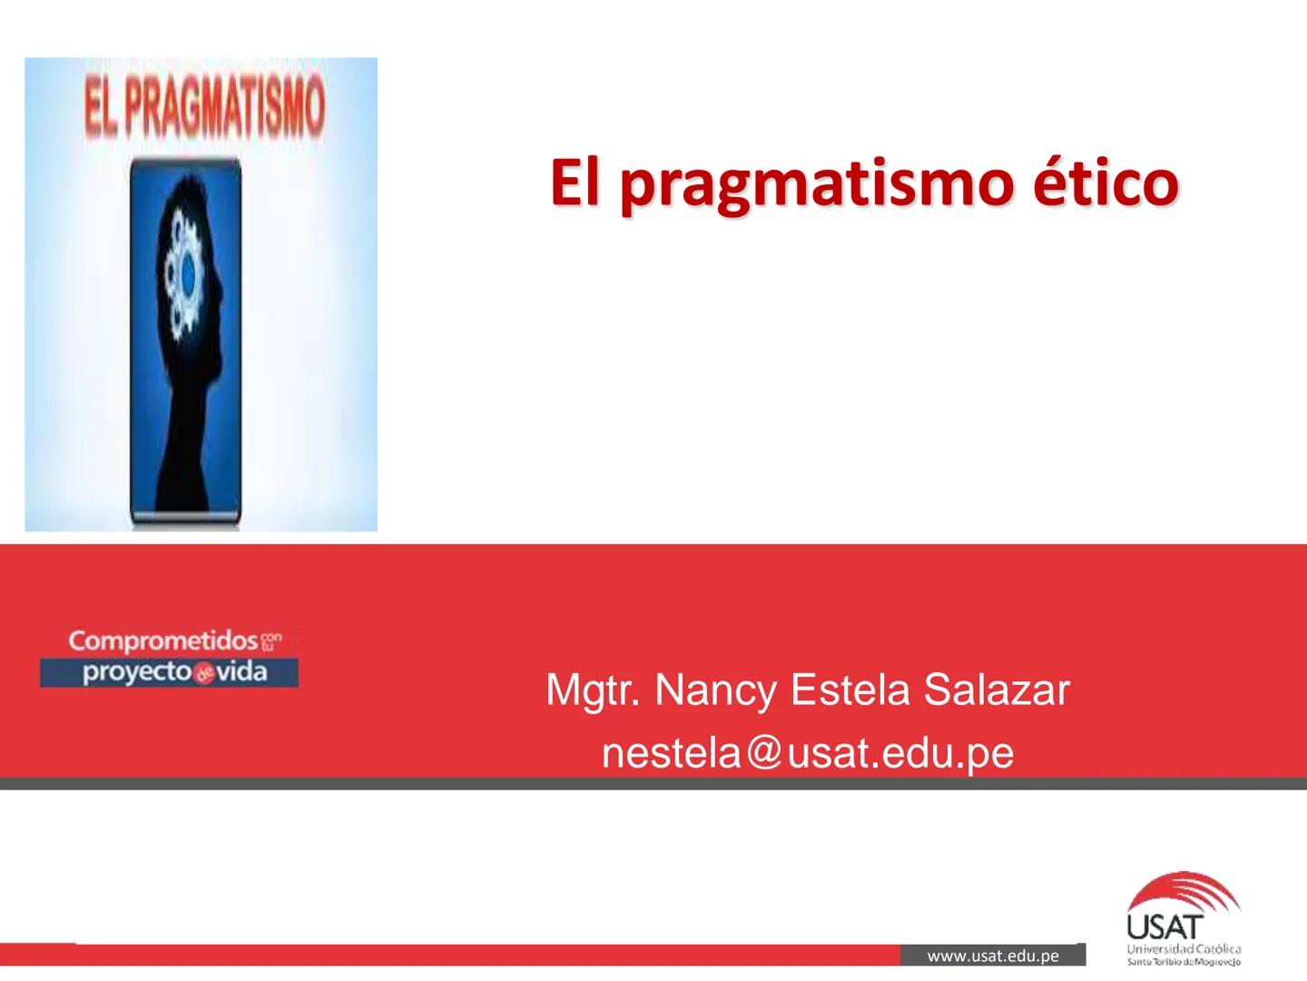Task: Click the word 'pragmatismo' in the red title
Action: [815, 183]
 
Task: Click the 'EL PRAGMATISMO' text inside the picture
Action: [203, 107]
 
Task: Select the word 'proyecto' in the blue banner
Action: [136, 672]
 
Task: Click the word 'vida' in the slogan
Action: [241, 672]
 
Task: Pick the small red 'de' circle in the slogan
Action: [203, 674]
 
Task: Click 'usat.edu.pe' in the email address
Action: [899, 753]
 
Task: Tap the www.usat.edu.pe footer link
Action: [993, 956]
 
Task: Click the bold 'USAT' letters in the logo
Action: [1165, 927]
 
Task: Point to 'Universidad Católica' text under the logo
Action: [1184, 949]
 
